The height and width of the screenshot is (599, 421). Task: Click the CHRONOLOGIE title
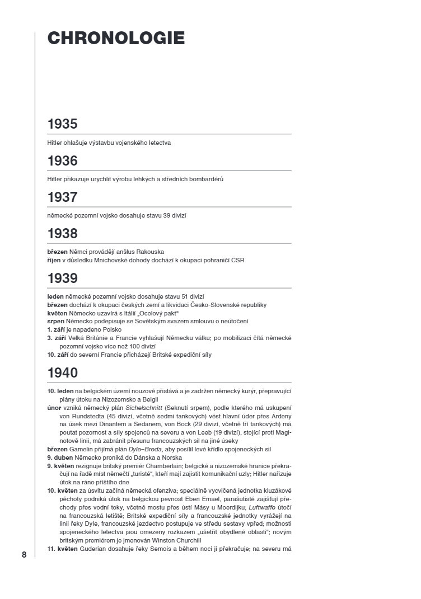pos(116,38)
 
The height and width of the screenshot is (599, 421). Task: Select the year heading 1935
pos(62,124)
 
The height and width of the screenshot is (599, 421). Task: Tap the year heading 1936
pos(62,161)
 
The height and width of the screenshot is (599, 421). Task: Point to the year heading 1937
pos(62,197)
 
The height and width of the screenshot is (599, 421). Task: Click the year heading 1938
pos(62,234)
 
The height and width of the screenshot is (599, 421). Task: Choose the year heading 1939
pos(62,279)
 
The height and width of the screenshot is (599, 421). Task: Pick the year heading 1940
pos(63,373)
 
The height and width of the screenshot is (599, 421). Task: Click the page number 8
pos(24,555)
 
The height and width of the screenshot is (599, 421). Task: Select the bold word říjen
pos(54,260)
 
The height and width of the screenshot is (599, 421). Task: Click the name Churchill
pos(184,541)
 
